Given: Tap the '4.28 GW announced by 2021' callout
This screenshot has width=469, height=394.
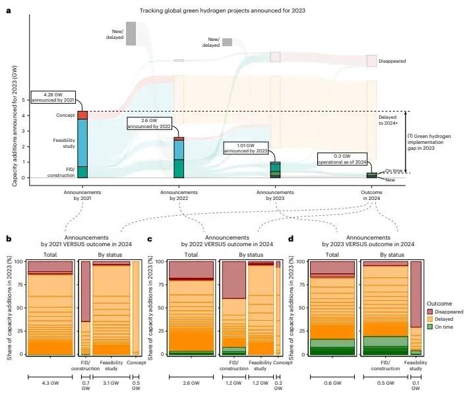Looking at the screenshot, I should click(56, 96).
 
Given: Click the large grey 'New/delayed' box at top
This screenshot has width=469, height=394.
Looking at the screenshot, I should click(131, 34).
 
